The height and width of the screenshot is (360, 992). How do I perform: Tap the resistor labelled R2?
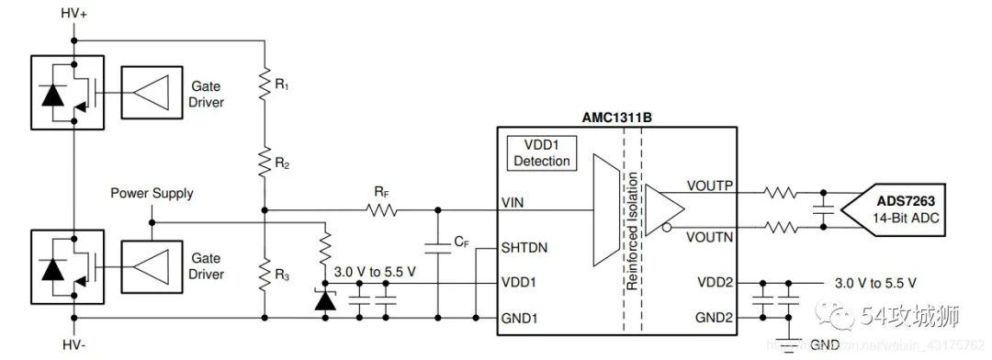click(x=265, y=163)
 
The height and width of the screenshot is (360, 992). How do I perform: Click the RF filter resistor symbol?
click(x=381, y=210)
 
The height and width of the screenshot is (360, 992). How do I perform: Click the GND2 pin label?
click(x=714, y=317)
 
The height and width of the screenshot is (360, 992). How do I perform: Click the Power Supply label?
click(x=152, y=194)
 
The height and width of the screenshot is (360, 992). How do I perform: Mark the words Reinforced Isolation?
click(x=633, y=235)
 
